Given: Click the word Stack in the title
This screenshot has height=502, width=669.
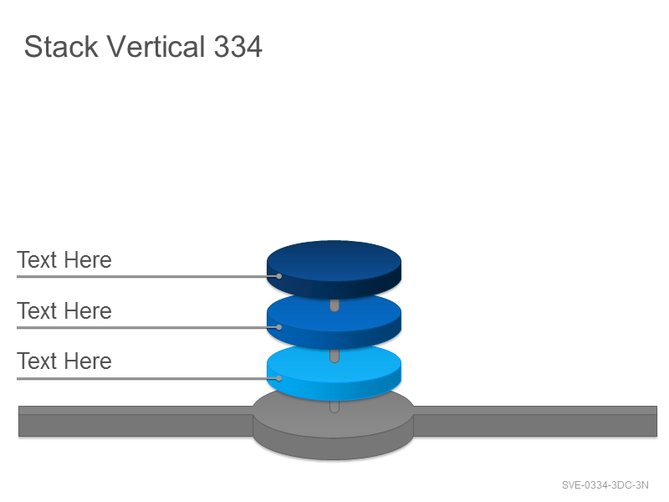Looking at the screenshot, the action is (61, 46).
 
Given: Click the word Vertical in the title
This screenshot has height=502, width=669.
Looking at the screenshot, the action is (156, 46).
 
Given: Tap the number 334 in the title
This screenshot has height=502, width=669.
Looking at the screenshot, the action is (237, 46).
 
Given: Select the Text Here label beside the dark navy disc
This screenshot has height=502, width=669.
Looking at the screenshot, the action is (64, 259).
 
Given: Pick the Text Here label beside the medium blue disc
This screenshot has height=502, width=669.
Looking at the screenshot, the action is (64, 310).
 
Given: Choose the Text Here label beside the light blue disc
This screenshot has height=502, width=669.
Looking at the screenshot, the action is (64, 361).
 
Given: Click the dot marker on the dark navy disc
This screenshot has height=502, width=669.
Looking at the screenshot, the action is (279, 276).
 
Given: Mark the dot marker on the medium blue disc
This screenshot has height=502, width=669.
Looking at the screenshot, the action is (279, 327).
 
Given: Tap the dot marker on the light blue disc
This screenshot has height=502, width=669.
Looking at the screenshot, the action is (279, 378).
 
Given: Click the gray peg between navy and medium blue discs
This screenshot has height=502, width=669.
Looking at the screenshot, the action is (334, 305).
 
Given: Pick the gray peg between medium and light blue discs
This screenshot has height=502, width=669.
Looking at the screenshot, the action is (334, 356).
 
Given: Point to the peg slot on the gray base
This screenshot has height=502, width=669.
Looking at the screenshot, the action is (334, 407).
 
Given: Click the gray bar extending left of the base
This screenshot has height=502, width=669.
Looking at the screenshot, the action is (135, 422).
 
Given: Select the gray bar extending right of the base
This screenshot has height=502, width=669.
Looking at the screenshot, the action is (535, 422).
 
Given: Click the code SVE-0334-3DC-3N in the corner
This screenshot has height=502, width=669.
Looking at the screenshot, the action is (605, 485).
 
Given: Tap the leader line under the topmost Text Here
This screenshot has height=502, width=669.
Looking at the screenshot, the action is (148, 277).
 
